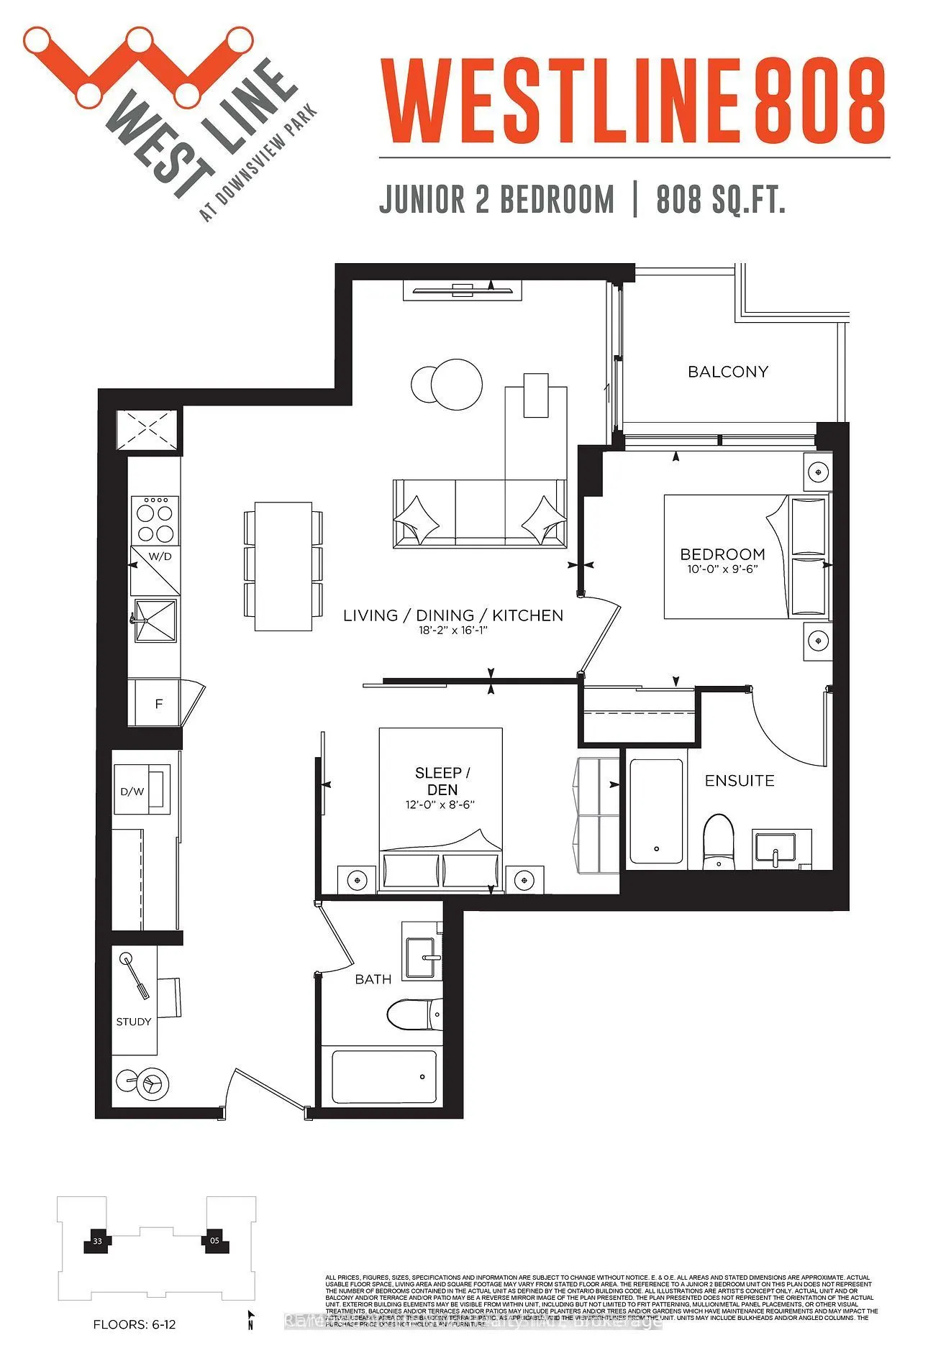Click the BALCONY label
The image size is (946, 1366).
[727, 372]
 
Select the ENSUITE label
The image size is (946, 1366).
[739, 780]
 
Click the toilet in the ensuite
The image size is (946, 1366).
[717, 840]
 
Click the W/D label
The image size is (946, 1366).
[160, 556]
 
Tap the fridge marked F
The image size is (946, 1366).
[159, 703]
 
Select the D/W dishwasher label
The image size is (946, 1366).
[132, 792]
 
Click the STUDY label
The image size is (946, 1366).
[134, 1022]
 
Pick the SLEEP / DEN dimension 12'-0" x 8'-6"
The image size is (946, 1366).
[440, 805]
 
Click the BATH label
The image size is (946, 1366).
[373, 979]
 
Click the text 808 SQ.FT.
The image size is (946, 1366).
[720, 199]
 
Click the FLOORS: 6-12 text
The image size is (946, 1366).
[135, 1324]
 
